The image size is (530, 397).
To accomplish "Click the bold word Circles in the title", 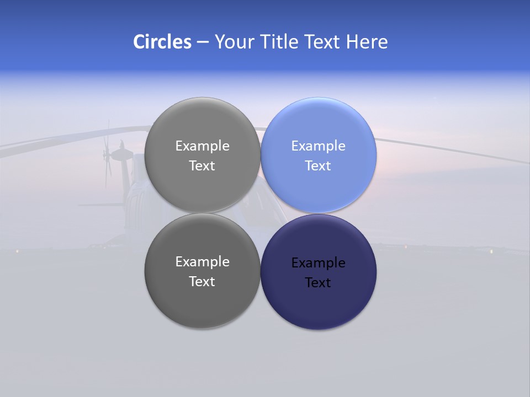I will point(162,42).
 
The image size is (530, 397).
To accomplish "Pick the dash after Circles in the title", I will point(203,42).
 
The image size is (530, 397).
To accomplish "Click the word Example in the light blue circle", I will point(319,146).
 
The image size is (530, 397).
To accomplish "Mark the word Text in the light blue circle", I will point(319,166).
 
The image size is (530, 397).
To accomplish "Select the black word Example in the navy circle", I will point(319,263).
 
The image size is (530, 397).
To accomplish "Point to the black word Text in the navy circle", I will point(319,283).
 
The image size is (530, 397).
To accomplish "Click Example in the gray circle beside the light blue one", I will point(203,146).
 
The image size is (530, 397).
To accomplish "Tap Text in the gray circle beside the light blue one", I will point(203,166).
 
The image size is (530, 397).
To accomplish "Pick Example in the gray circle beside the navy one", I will point(203,262).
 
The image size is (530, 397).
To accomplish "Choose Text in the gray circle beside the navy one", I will point(203,282).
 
